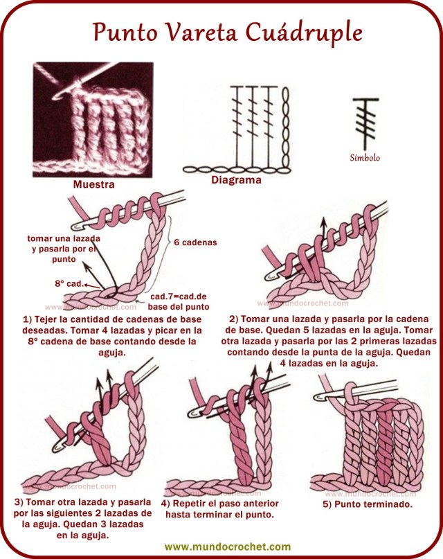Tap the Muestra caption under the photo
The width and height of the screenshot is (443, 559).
[93, 185]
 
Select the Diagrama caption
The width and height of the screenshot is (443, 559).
[237, 180]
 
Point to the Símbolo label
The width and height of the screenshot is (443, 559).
[365, 157]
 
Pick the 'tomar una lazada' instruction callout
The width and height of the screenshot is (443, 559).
[53, 248]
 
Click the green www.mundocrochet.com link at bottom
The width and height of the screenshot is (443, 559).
[222, 547]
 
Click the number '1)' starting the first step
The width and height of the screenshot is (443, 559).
[27, 319]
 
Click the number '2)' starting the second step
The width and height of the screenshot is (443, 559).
[235, 319]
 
